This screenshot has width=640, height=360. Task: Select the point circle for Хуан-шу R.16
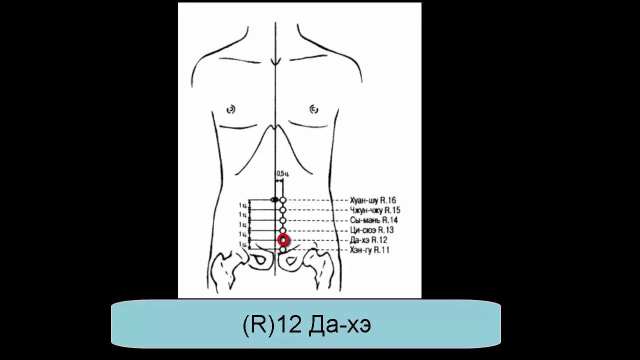pyautogui.click(x=283, y=200)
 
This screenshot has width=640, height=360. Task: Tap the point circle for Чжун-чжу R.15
pyautogui.click(x=283, y=210)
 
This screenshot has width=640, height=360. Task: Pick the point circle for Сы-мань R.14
pyautogui.click(x=283, y=220)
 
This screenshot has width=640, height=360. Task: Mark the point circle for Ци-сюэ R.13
pyautogui.click(x=283, y=230)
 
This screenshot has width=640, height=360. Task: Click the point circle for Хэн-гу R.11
pyautogui.click(x=283, y=249)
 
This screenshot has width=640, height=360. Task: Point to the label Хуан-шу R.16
pyautogui.click(x=373, y=200)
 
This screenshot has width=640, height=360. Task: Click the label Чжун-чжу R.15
pyautogui.click(x=375, y=210)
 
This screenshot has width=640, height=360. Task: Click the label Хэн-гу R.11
pyautogui.click(x=370, y=250)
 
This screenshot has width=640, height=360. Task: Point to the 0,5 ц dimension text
pyautogui.click(x=282, y=173)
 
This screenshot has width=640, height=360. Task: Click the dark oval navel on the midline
pyautogui.click(x=274, y=200)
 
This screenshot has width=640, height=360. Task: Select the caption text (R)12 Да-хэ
pyautogui.click(x=306, y=325)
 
